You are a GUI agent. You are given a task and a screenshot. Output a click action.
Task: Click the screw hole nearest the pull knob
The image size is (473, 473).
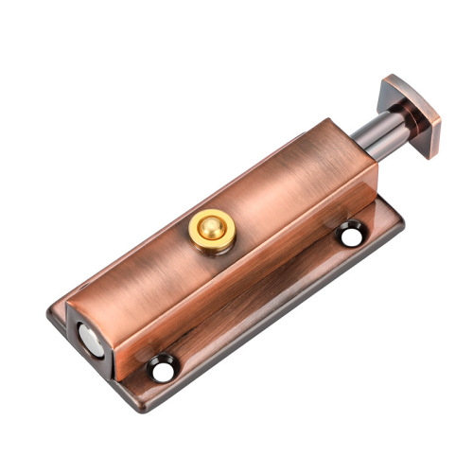[x=352, y=233]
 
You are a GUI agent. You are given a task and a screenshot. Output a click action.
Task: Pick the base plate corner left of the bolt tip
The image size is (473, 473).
[x=54, y=313]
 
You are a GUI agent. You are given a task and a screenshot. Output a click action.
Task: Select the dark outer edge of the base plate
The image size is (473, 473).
[x=284, y=326]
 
